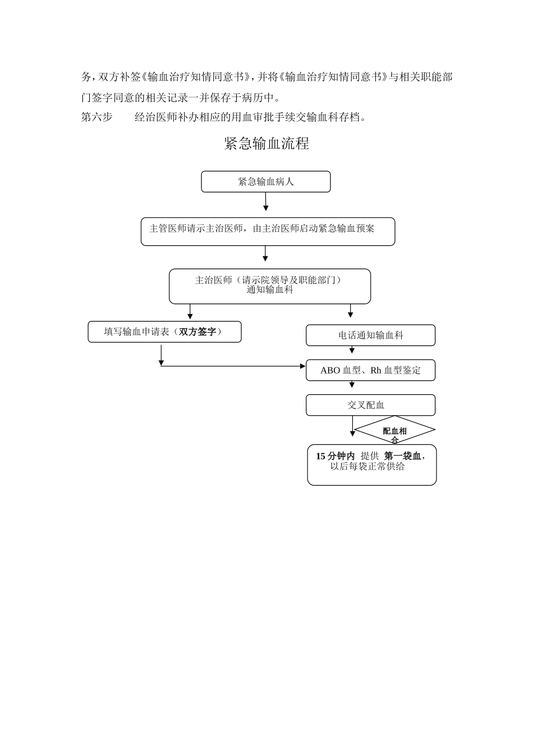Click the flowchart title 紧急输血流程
[x=266, y=144]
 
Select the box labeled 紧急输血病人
[x=266, y=182]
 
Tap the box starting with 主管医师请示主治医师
[x=268, y=231]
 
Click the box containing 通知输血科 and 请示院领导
[x=270, y=286]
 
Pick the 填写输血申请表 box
[x=164, y=332]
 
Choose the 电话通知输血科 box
[x=370, y=335]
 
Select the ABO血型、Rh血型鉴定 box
[x=370, y=370]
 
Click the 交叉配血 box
[x=370, y=405]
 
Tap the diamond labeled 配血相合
[x=394, y=431]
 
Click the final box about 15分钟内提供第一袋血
[x=371, y=465]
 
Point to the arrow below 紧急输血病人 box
[x=266, y=201]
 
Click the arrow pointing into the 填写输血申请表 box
[x=190, y=312]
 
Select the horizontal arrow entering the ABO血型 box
[x=233, y=366]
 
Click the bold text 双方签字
[x=197, y=332]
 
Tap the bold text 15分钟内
[x=335, y=456]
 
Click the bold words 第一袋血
[x=402, y=456]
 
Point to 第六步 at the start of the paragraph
[x=97, y=117]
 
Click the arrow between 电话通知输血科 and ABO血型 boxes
[x=352, y=350]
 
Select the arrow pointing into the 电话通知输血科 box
[x=351, y=312]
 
